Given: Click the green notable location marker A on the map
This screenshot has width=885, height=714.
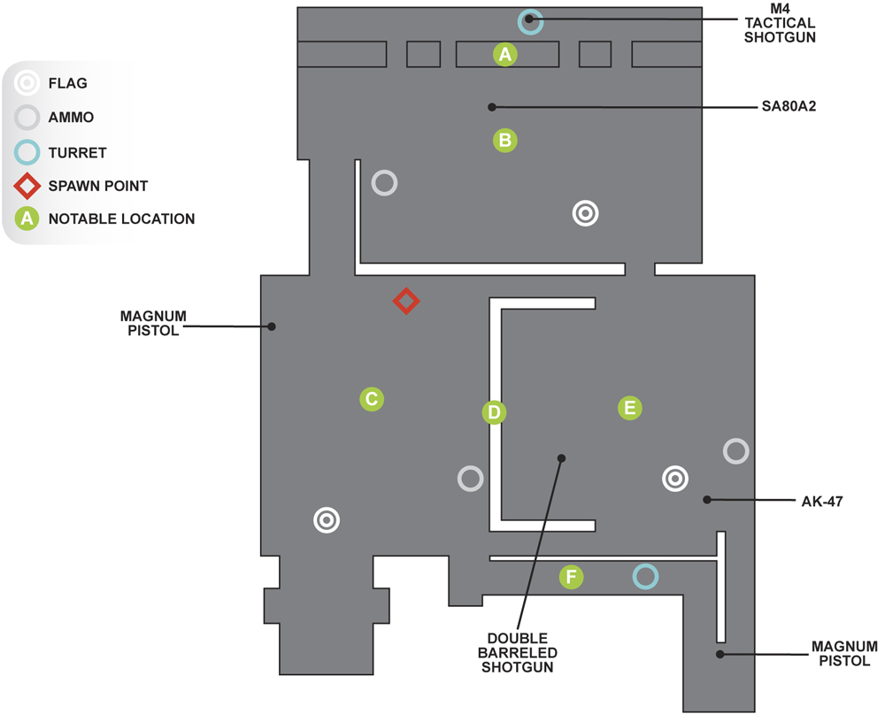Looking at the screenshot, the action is tap(505, 54).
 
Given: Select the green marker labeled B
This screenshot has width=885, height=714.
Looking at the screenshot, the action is tap(505, 140).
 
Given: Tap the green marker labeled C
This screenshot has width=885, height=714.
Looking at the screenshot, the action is tap(372, 399).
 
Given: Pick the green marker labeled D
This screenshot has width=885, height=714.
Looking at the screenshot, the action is tap(494, 412).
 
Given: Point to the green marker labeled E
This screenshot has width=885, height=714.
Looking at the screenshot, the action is tap(630, 408).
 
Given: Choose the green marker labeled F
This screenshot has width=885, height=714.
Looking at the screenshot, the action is tap(571, 577).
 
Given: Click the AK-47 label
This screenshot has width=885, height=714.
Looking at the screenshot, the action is tap(822, 501).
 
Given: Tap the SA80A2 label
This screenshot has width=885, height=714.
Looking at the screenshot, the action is tap(789, 106).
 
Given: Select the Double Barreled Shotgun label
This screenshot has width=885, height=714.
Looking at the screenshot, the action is tap(517, 652).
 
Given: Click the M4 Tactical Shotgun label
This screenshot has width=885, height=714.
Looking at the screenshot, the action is tap(780, 23).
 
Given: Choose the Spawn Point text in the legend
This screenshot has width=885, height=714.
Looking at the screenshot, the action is tap(98, 186).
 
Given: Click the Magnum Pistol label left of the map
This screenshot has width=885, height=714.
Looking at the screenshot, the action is tap(153, 324).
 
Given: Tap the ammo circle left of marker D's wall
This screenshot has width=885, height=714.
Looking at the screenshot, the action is tap(470, 466).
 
